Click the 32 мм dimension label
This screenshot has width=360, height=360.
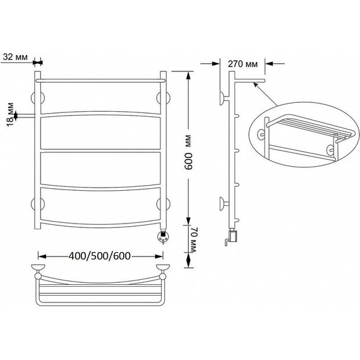tap(15, 57)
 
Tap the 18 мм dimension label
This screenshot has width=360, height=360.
tap(10, 114)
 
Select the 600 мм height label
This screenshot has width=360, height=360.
tap(188, 152)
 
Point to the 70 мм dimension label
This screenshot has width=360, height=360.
tap(192, 240)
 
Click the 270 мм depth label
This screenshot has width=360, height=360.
tap(243, 64)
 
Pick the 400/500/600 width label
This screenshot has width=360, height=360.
tap(100, 256)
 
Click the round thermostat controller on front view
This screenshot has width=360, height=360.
tap(163, 237)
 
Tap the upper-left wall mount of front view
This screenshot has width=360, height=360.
tap(38, 98)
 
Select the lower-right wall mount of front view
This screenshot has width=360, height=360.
tap(163, 204)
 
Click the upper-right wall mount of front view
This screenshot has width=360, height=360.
tap(163, 98)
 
